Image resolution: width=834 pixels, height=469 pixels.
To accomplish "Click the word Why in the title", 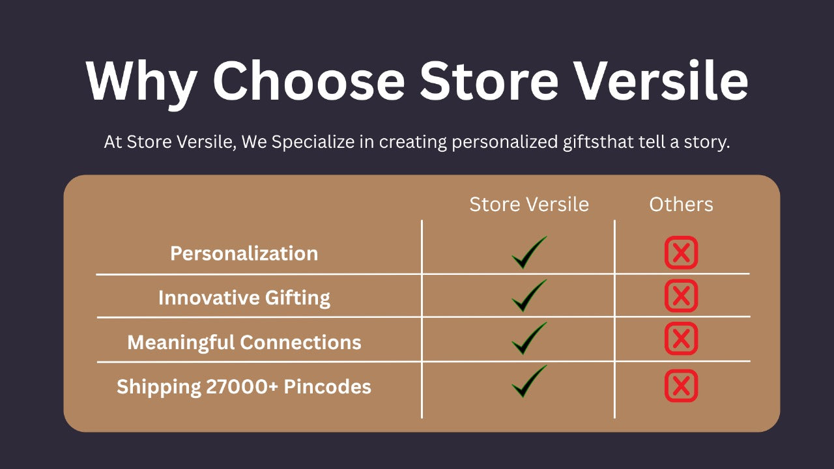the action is click(141, 82).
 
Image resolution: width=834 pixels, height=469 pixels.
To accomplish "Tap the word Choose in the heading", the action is click(309, 80).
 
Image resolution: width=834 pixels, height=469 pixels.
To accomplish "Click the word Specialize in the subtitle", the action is click(313, 143).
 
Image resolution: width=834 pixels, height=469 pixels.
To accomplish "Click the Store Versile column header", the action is click(529, 205).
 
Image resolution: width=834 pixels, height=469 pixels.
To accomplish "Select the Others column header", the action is click(681, 205).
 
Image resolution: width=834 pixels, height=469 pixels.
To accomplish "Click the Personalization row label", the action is click(244, 253).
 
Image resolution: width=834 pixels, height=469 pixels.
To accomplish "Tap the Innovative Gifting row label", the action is click(244, 298).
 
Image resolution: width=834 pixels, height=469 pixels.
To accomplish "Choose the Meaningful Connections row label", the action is click(244, 343).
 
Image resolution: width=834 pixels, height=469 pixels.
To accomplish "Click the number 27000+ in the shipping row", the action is click(242, 386).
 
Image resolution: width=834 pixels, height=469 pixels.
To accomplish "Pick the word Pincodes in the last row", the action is click(327, 386).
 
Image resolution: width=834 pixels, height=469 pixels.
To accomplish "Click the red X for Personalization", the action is click(681, 253).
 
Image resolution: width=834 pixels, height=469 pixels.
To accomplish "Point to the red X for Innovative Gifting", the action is click(681, 296).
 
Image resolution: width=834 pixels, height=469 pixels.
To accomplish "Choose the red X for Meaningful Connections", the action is click(681, 338).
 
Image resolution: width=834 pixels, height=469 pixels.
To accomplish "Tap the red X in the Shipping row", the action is click(681, 386).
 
